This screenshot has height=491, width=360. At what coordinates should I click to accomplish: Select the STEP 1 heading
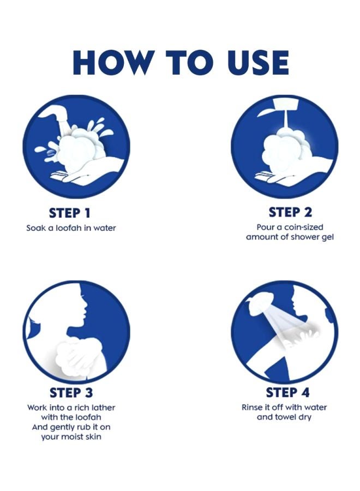(x=70, y=213)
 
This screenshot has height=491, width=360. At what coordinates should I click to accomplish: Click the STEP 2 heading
(x=290, y=212)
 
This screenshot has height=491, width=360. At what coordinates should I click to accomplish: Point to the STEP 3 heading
(x=71, y=393)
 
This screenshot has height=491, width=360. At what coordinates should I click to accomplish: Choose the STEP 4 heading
(x=287, y=392)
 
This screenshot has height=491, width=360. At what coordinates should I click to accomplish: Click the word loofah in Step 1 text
(x=69, y=227)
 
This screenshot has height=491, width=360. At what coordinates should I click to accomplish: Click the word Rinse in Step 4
(x=251, y=408)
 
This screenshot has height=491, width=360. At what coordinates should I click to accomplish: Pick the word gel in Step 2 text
(x=327, y=237)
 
